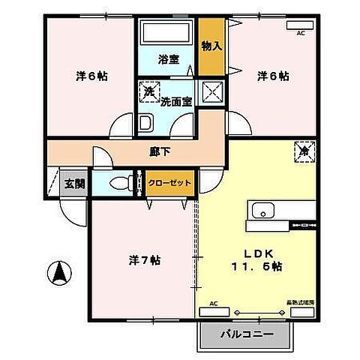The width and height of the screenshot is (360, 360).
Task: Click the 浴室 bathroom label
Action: pos(166,58)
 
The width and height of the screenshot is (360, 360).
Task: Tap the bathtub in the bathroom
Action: pos(166,33)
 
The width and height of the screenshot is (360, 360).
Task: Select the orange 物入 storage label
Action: pos(212,46)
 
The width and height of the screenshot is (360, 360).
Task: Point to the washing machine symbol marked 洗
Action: pos(148,89)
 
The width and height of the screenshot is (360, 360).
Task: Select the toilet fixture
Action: pos(121,182)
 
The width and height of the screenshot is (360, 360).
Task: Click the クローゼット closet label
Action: pos(169,182)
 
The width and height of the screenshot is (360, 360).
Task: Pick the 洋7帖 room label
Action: pos(143,261)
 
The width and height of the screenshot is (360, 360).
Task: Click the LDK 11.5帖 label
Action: pos(255,259)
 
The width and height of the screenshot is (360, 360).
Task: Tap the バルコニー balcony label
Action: pos(242,333)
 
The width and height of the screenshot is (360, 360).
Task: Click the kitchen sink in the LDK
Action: pos(264,209)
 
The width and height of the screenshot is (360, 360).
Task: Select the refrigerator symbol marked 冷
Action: pos(304,148)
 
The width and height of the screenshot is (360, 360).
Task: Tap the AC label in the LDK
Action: pos(214,303)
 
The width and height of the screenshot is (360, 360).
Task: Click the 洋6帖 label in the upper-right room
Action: pos(274,76)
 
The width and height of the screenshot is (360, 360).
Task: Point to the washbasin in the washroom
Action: pos(147,123)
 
